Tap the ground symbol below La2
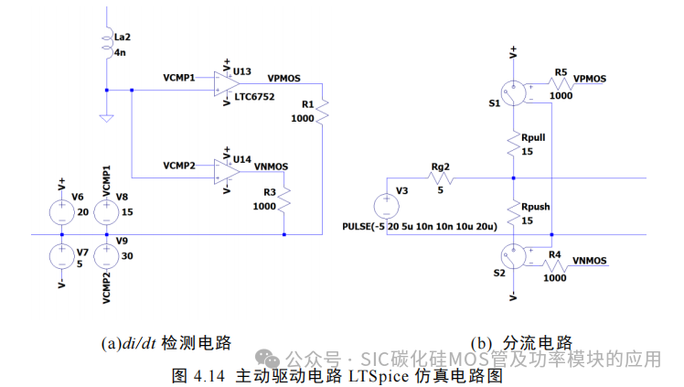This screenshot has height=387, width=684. (x=107, y=117)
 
